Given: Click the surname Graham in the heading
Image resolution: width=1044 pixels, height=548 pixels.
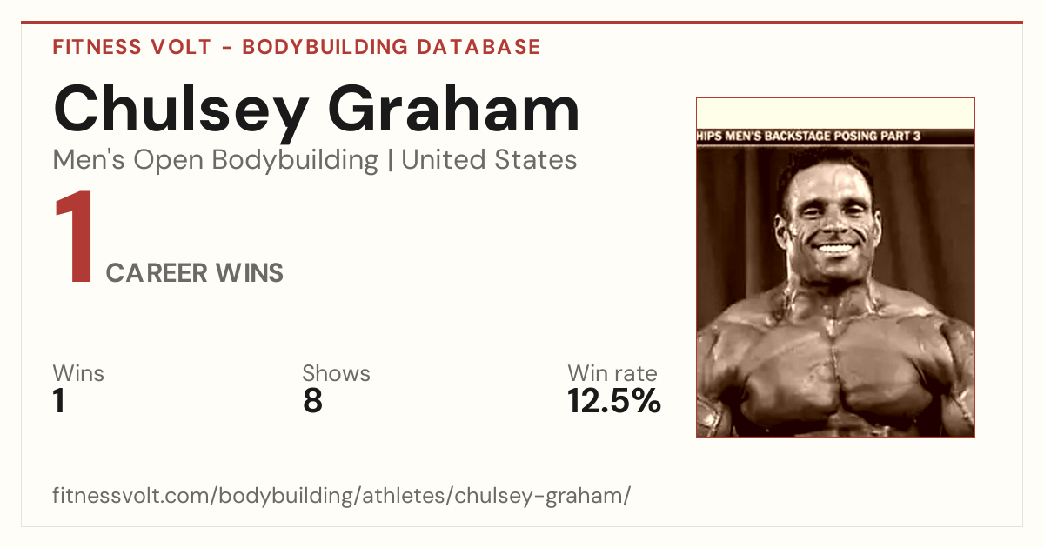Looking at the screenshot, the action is [x=453, y=108].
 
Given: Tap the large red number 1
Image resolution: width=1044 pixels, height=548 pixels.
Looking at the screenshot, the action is [x=75, y=237].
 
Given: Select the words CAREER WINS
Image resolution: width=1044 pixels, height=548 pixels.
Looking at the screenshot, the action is [x=194, y=273].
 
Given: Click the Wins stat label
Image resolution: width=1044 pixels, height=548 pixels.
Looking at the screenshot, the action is [x=78, y=373].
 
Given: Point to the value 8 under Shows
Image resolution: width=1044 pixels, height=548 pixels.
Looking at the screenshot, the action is [x=312, y=401].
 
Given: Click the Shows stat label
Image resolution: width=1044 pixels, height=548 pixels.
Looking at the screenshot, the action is [x=336, y=373].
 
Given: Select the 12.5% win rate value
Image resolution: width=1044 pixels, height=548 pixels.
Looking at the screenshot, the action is [x=614, y=401].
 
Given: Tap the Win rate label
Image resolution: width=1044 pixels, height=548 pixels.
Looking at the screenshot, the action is [x=612, y=373].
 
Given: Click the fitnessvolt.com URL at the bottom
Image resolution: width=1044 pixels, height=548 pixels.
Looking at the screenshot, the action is [x=341, y=495].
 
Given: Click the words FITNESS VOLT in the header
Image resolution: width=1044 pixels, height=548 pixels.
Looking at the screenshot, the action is [x=132, y=47].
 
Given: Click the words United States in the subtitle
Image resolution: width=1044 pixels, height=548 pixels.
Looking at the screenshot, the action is [x=489, y=160].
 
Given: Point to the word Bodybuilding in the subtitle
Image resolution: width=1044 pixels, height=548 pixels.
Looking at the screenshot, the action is [x=295, y=161].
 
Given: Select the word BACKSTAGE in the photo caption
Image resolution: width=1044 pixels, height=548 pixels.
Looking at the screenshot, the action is [x=797, y=136].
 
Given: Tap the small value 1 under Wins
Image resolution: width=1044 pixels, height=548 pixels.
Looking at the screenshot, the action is [x=59, y=401].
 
